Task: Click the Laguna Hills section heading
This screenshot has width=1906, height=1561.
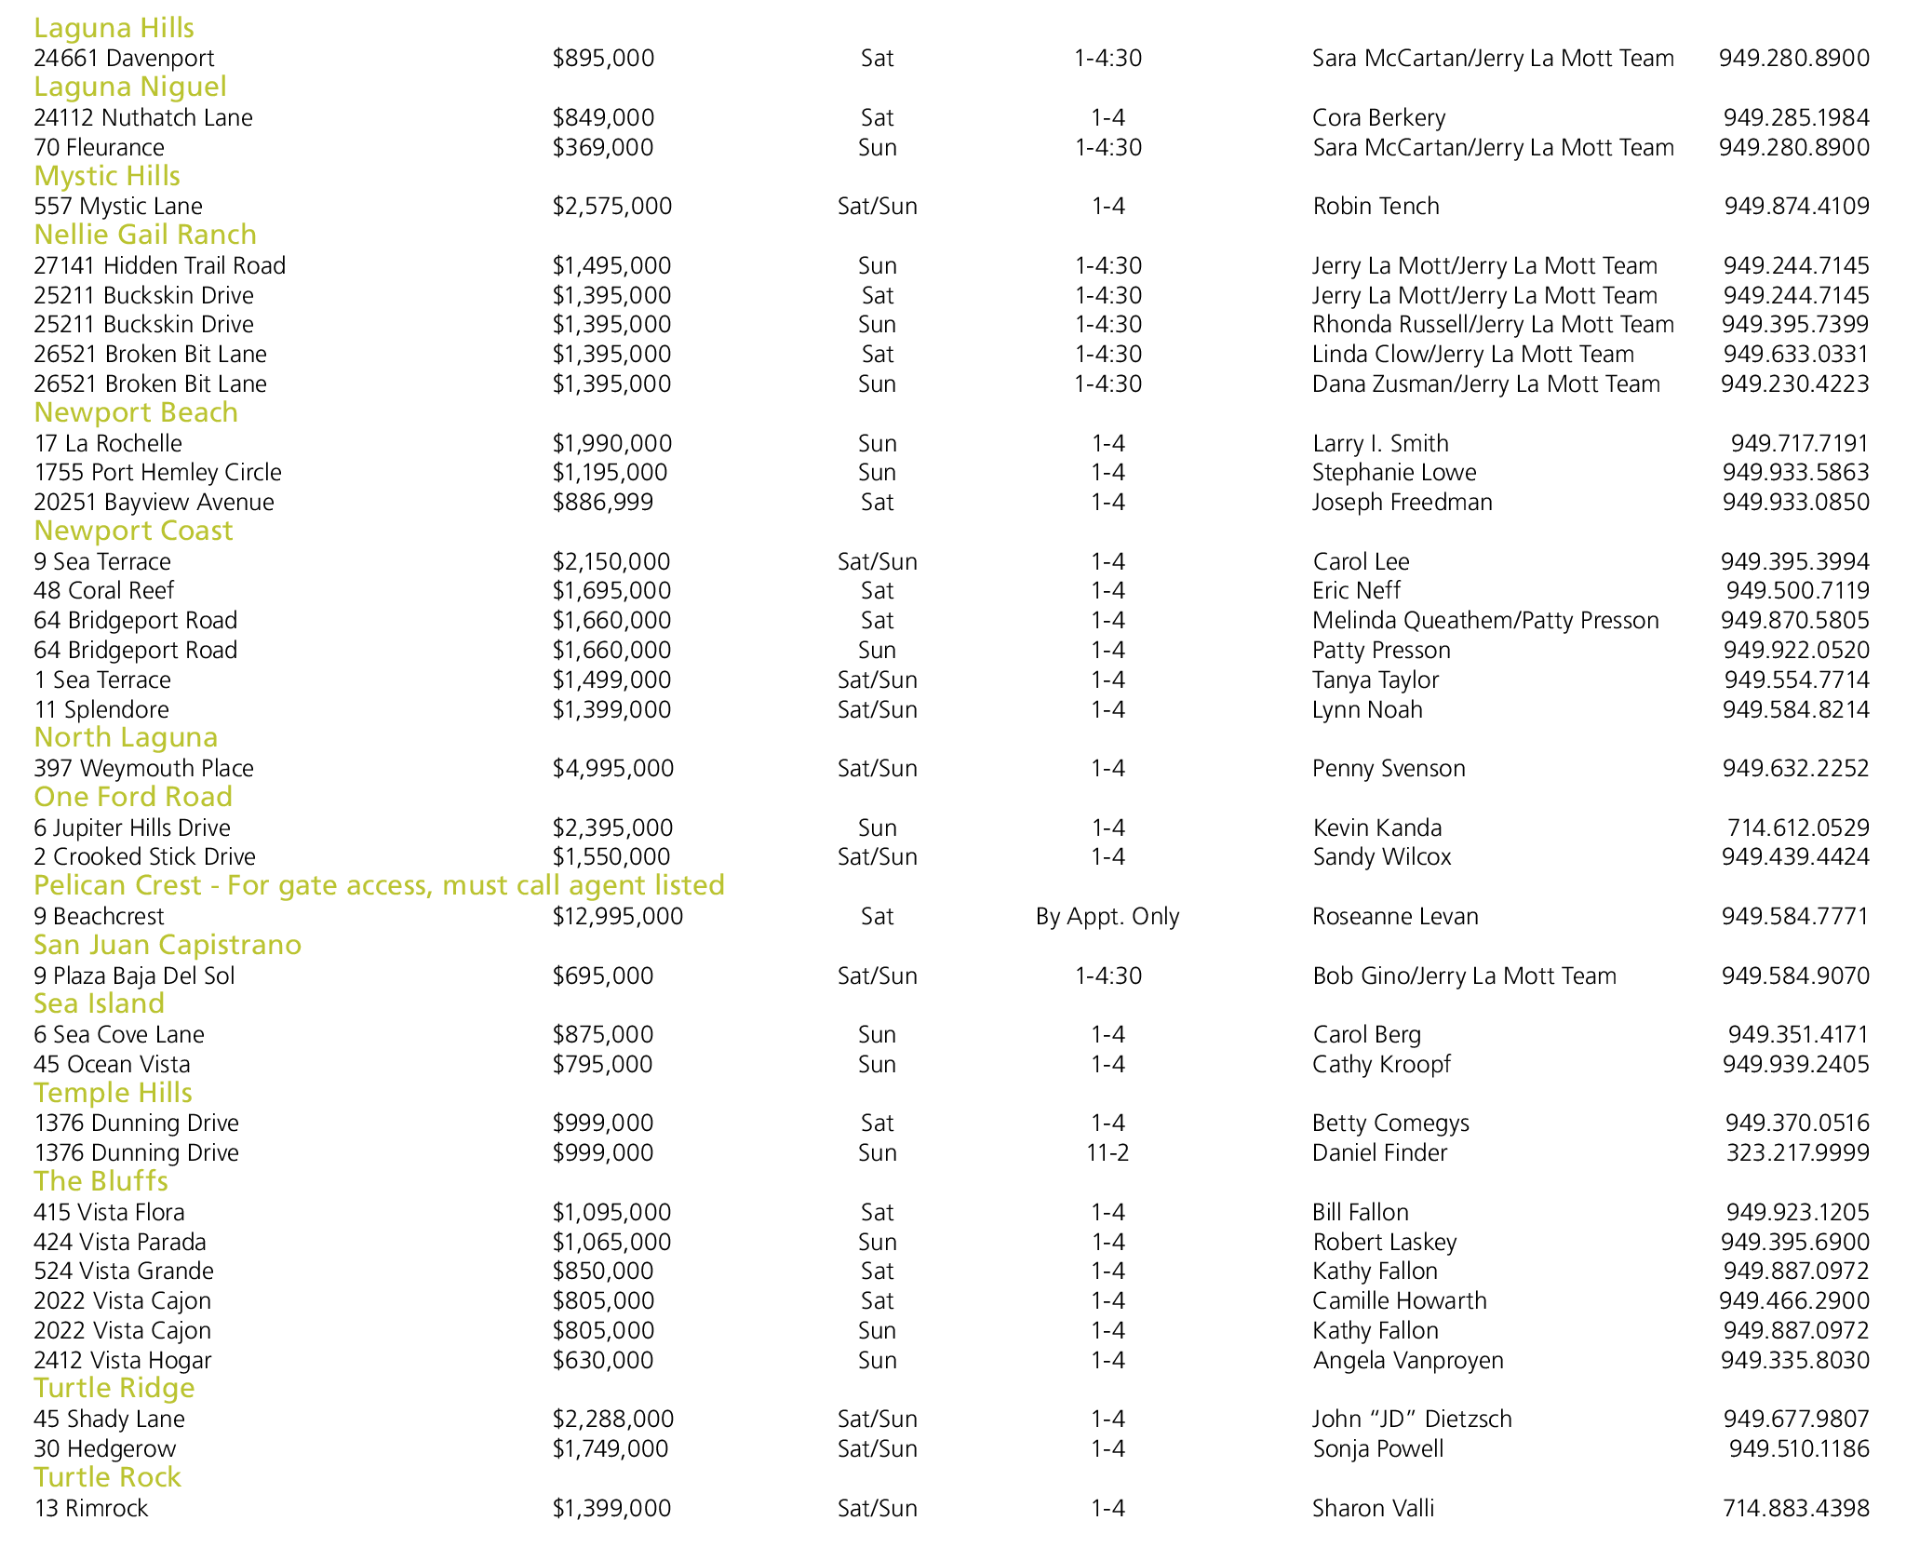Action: (x=114, y=28)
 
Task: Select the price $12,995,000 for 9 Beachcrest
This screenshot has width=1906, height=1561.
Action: (x=617, y=916)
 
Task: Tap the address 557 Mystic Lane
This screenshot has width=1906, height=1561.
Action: (x=118, y=206)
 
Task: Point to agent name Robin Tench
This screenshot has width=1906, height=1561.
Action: (x=1376, y=206)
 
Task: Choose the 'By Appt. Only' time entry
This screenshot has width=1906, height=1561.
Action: (x=1107, y=916)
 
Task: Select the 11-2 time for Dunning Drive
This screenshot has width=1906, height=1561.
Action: (x=1107, y=1152)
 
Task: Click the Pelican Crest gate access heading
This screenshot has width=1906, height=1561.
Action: (x=379, y=884)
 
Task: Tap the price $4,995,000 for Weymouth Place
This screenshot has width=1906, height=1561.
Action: (x=612, y=768)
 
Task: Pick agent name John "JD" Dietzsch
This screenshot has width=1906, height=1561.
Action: (x=1412, y=1419)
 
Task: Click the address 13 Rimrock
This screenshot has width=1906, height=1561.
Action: (x=91, y=1508)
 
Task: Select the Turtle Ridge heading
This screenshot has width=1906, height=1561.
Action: (x=114, y=1388)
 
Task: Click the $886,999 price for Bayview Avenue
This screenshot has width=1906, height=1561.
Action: (x=602, y=502)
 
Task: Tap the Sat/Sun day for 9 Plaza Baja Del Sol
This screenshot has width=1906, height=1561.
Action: (x=877, y=976)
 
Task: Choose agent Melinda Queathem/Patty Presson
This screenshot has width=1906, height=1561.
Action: (x=1485, y=620)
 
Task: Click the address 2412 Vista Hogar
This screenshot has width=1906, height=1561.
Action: (x=123, y=1360)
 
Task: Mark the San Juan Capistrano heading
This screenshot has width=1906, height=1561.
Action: (x=168, y=945)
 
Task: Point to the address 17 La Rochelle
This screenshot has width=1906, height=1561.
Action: (x=108, y=443)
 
